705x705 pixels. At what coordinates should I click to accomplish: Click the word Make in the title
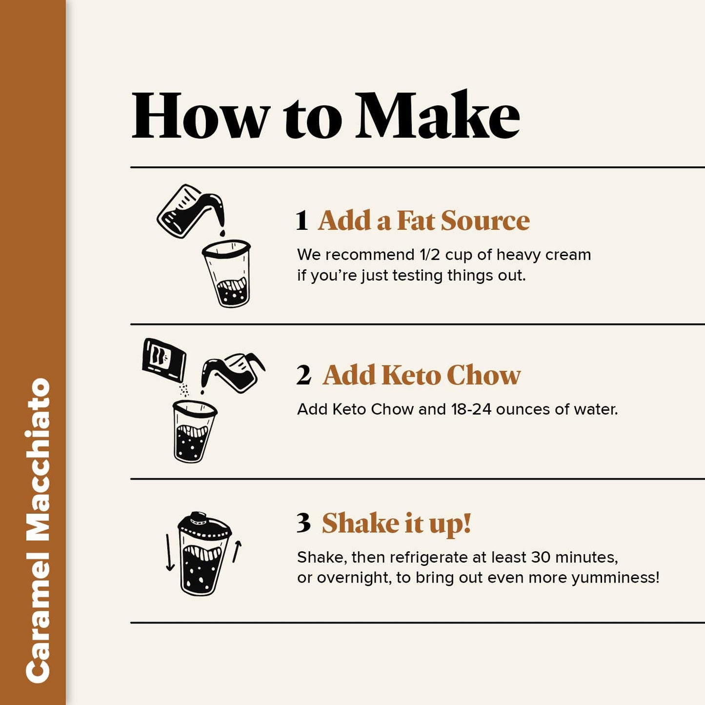pyautogui.click(x=437, y=116)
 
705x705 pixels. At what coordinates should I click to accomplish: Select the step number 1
pyautogui.click(x=302, y=221)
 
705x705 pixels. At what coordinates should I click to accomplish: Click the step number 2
pyautogui.click(x=303, y=375)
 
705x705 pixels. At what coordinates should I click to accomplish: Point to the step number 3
pyautogui.click(x=303, y=523)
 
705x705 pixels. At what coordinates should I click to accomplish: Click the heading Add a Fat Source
pyautogui.click(x=423, y=221)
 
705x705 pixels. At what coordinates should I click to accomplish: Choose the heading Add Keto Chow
pyautogui.click(x=422, y=375)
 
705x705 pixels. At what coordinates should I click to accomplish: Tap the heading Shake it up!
pyautogui.click(x=396, y=524)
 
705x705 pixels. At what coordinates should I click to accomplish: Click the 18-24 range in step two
pyautogui.click(x=471, y=409)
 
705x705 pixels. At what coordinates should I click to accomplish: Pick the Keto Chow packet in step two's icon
pyautogui.click(x=163, y=360)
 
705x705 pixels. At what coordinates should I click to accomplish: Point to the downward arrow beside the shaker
pyautogui.click(x=169, y=552)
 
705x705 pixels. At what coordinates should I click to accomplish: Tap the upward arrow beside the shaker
pyautogui.click(x=237, y=551)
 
